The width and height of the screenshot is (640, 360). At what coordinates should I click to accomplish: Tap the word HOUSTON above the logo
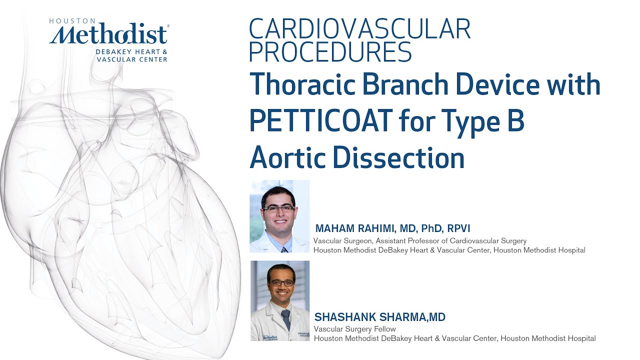72,21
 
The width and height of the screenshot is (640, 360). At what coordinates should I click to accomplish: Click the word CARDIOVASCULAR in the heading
359,29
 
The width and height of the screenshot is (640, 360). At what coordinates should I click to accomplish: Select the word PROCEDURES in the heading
330,51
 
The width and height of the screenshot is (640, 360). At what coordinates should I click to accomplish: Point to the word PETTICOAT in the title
320,121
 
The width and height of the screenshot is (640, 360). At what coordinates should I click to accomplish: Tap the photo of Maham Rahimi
279,216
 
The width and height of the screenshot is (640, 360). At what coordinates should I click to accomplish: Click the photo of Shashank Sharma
280,300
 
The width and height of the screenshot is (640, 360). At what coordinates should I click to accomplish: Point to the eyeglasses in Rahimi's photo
278,208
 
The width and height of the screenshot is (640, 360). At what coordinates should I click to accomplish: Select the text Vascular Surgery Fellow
354,329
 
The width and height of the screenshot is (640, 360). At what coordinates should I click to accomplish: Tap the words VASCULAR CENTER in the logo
132,59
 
